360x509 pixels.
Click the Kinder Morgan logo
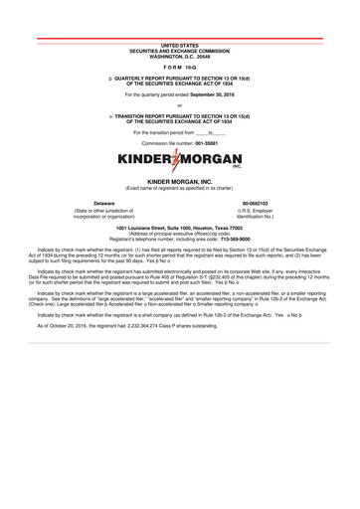[x=180, y=160]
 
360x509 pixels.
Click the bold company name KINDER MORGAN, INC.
[x=180, y=183]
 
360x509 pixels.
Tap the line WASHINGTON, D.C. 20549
[x=180, y=56]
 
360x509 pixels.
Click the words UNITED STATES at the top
[x=180, y=46]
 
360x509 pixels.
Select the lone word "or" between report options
[x=180, y=104]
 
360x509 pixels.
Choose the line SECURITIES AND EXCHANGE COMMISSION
[x=180, y=51]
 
